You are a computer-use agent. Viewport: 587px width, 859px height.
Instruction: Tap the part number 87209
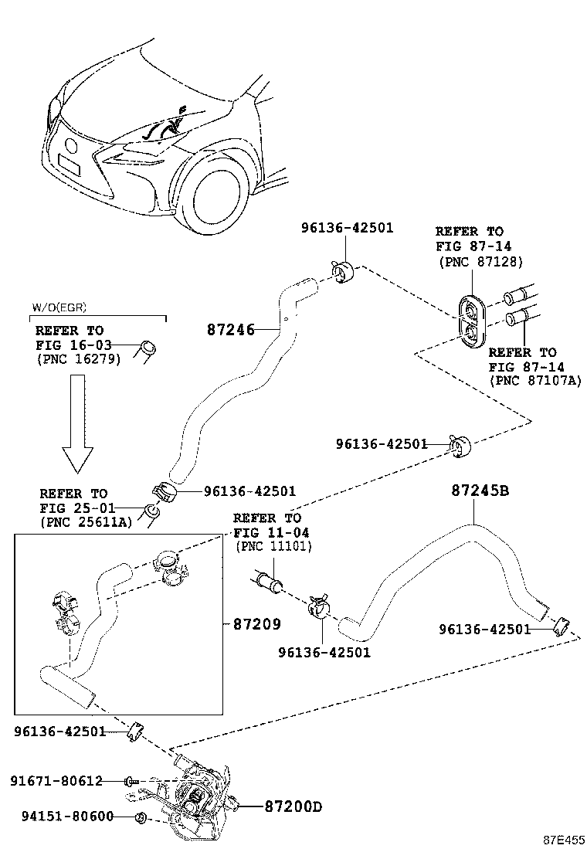pyautogui.click(x=256, y=624)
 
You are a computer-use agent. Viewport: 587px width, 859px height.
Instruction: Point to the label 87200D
pyautogui.click(x=293, y=807)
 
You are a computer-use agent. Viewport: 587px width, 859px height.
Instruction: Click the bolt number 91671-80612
pyautogui.click(x=56, y=781)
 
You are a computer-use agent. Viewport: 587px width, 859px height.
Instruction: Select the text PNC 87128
pyautogui.click(x=480, y=262)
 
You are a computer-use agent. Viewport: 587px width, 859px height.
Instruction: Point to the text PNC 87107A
pyautogui.click(x=534, y=381)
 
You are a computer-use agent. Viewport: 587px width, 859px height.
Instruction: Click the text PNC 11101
pyautogui.click(x=273, y=547)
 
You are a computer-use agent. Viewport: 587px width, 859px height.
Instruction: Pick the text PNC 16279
pyautogui.click(x=78, y=359)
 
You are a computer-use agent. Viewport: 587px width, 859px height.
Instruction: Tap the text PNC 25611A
pyautogui.click(x=86, y=523)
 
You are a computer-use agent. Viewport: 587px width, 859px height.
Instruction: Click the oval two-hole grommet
pyautogui.click(x=472, y=321)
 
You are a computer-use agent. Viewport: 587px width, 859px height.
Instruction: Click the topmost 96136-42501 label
pyautogui.click(x=347, y=228)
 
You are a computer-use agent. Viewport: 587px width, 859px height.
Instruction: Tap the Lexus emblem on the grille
pyautogui.click(x=72, y=145)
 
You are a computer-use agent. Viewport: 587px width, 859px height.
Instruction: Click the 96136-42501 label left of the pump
pyautogui.click(x=59, y=732)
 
